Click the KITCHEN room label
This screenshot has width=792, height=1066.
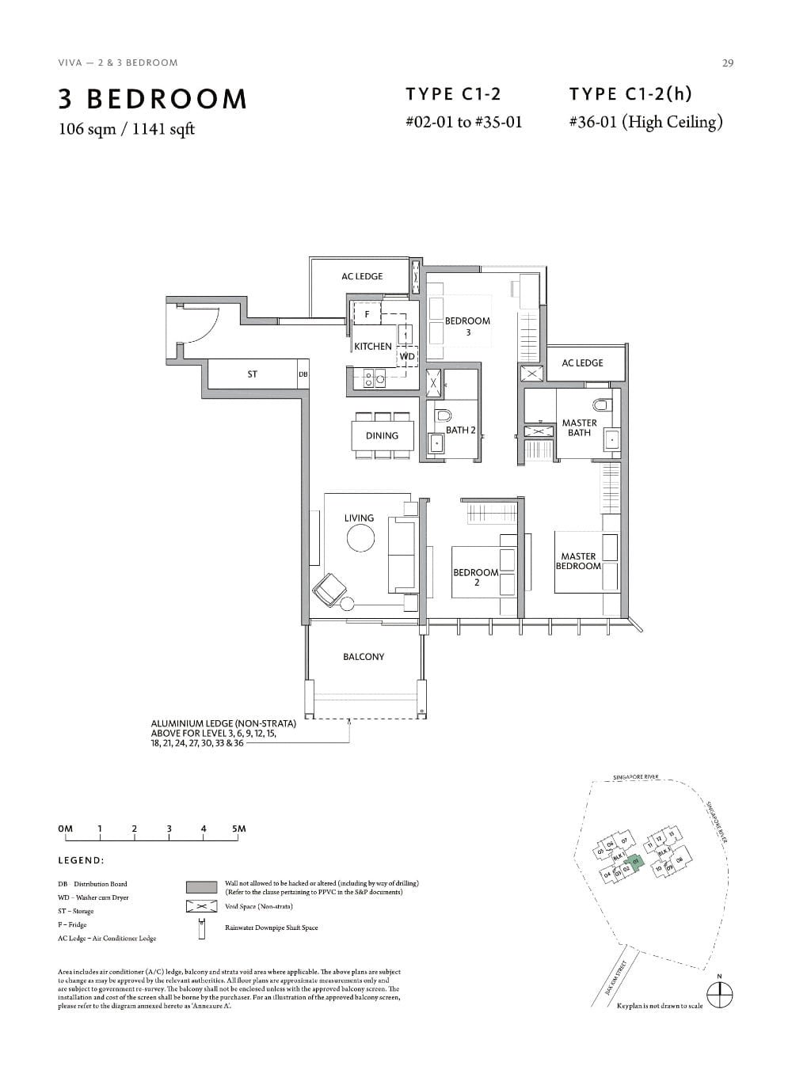(x=372, y=346)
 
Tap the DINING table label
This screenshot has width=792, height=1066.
(x=382, y=435)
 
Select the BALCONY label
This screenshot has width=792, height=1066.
(x=364, y=656)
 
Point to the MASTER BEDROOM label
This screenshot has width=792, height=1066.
(x=578, y=561)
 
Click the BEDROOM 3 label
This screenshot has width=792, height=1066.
(x=467, y=326)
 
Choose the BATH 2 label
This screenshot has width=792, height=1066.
(x=460, y=430)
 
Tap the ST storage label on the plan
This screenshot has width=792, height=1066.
(x=252, y=374)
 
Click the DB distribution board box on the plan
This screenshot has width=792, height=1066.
(x=303, y=374)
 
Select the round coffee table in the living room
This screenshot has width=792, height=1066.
(x=360, y=538)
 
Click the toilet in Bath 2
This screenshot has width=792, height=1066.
(x=444, y=415)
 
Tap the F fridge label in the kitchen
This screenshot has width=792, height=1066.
(x=366, y=314)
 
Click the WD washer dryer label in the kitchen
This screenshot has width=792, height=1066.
(x=406, y=356)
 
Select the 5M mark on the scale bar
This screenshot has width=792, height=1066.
(x=238, y=829)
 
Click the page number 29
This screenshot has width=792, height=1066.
(x=727, y=63)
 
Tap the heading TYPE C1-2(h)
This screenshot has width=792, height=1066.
(x=630, y=94)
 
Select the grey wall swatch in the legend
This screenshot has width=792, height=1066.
(x=201, y=886)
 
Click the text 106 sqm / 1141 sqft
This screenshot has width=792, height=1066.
(x=127, y=129)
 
